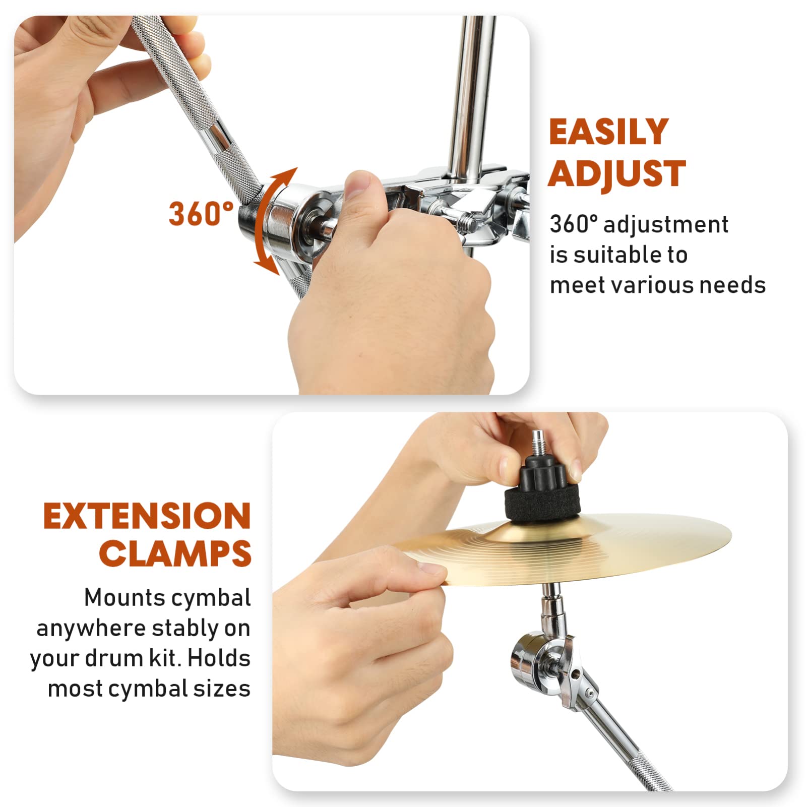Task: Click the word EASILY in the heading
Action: tap(608, 132)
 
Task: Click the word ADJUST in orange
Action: tap(616, 174)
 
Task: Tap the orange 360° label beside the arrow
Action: tap(201, 213)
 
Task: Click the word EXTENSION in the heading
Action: tap(147, 516)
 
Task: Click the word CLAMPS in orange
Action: tap(175, 553)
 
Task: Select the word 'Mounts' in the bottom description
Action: tap(124, 598)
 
